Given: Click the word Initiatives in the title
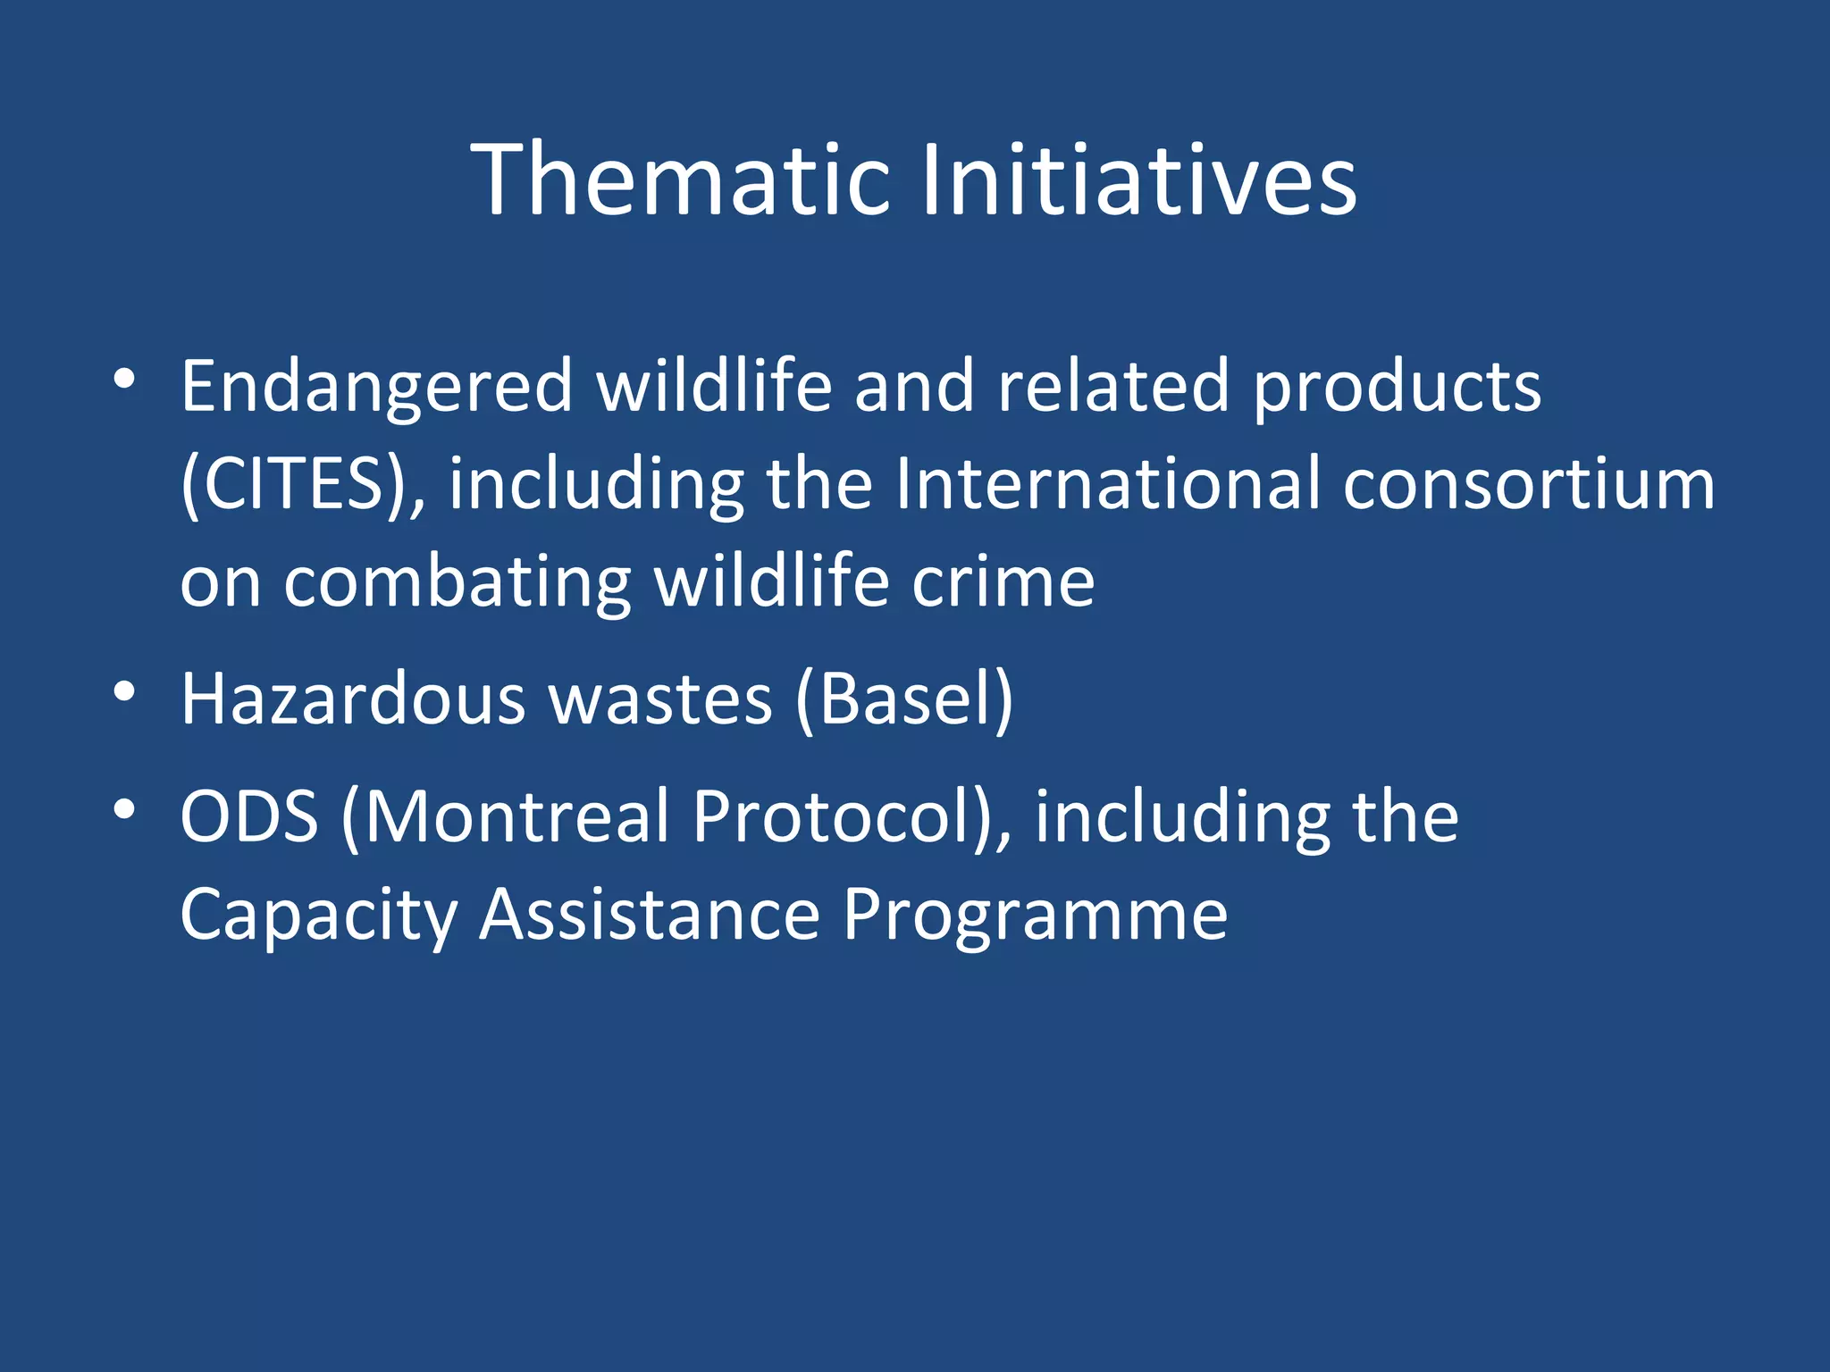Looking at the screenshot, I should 1137,180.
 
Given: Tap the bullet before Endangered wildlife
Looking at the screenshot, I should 124,379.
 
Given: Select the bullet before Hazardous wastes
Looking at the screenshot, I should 124,691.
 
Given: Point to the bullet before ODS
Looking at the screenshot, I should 124,809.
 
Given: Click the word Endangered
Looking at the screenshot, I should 376,388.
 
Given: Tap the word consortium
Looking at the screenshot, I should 1529,484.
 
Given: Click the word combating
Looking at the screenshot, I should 457,582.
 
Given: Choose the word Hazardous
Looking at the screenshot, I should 353,699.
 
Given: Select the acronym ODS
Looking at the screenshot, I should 249,816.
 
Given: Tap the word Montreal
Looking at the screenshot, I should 518,816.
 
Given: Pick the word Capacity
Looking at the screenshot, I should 318,916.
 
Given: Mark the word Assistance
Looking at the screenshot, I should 650,915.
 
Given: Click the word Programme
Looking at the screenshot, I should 1035,916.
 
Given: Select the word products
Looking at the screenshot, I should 1397,388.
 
